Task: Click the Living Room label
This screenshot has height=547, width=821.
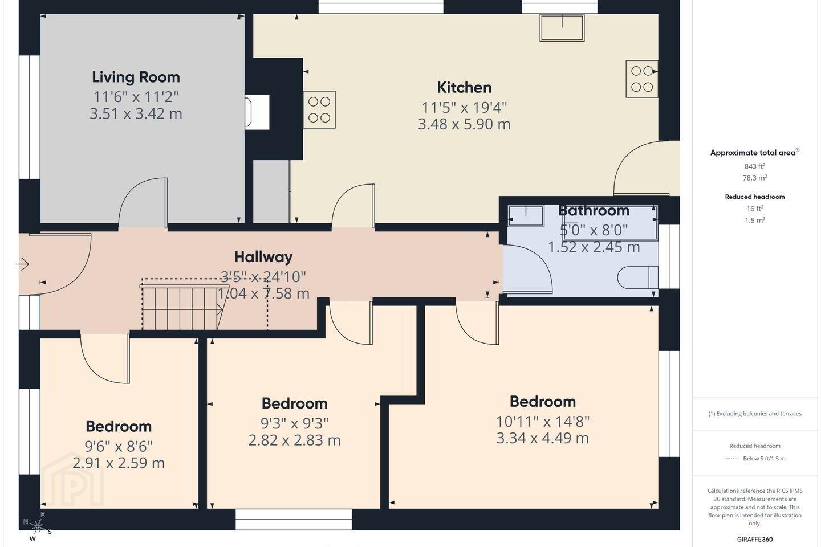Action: [136, 77]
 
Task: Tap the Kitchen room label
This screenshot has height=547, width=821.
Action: [464, 88]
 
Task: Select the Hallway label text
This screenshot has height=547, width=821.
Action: [263, 257]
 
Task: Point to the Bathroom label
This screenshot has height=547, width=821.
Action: [594, 211]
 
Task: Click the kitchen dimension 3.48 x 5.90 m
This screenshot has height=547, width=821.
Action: [464, 124]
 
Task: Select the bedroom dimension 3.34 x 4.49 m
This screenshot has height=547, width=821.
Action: [542, 438]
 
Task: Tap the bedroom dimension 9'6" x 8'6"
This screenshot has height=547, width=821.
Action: [119, 446]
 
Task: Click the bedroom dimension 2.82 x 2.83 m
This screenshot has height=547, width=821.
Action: [294, 440]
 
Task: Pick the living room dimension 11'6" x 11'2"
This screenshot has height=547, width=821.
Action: [136, 97]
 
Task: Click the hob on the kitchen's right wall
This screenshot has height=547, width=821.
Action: [642, 79]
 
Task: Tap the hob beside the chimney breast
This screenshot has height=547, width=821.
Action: [319, 109]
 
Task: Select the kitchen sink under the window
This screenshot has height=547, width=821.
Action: [562, 27]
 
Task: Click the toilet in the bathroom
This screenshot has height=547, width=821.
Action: [638, 277]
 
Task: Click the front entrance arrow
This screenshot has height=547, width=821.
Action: [22, 264]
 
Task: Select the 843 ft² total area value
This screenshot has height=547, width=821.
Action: [755, 166]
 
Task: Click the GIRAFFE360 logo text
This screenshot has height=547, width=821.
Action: [755, 539]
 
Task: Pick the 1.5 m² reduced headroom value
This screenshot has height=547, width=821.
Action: [755, 220]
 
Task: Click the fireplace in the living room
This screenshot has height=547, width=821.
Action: [257, 112]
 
